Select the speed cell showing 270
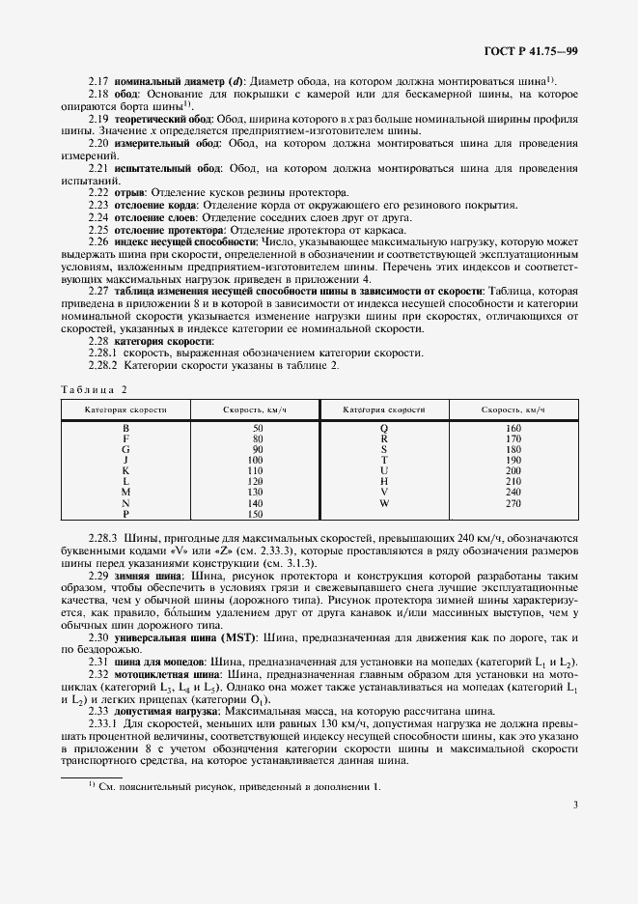tap(513, 503)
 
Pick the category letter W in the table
tap(383, 503)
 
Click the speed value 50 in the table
tap(257, 427)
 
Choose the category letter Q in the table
tap(383, 427)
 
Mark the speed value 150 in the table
tap(257, 515)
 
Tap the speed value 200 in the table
tap(513, 470)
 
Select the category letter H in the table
tap(383, 481)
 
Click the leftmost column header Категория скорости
tap(125, 410)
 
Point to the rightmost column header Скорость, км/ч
tap(513, 410)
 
